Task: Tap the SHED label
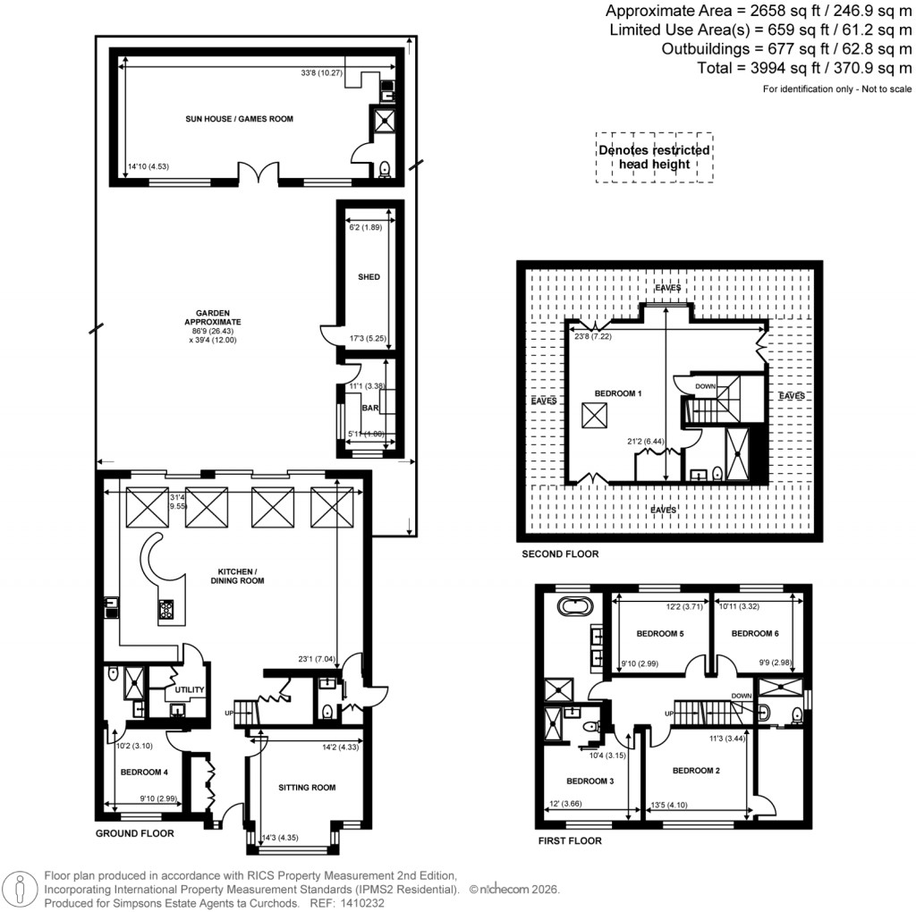[x=369, y=277]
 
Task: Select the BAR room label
[x=368, y=408]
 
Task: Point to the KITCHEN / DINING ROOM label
[x=240, y=576]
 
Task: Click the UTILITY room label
[x=191, y=690]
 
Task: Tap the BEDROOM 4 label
[x=145, y=773]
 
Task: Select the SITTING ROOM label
[x=307, y=788]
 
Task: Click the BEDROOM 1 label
[x=618, y=393]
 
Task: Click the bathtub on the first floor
[x=574, y=607]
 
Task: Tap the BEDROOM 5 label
[x=660, y=634]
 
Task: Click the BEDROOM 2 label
[x=697, y=771]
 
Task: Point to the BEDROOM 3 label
[x=590, y=779]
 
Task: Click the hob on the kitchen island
[x=167, y=611]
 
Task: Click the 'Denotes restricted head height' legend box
[x=654, y=157]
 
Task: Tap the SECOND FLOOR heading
[x=560, y=554]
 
